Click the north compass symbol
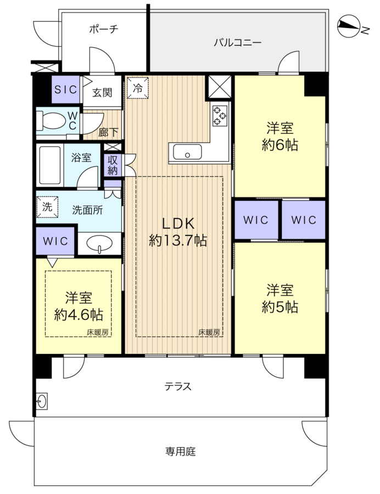349,26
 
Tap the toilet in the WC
51,121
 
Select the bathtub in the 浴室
49,165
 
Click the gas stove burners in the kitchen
219,116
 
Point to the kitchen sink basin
187,152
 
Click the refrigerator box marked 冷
138,88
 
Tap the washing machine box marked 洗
48,207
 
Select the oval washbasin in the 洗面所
99,244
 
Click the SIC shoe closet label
66,89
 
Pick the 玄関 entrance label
102,93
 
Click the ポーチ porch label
104,29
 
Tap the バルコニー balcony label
238,42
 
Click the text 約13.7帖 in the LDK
178,241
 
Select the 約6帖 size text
280,145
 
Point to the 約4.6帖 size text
79,315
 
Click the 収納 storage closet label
113,165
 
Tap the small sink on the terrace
42,401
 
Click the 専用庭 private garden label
181,452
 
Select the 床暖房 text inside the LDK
209,332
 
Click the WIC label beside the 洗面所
55,241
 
